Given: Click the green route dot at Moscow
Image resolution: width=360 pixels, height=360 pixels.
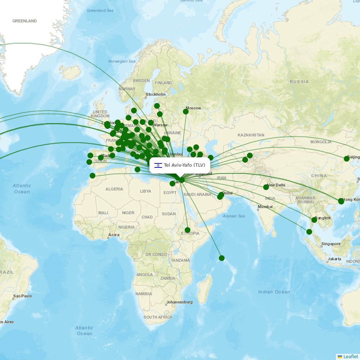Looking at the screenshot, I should coord(186,112).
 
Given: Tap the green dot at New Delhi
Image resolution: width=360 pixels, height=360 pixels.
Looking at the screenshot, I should coord(266,187).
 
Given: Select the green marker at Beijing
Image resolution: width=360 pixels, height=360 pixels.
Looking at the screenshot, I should coord(347,159).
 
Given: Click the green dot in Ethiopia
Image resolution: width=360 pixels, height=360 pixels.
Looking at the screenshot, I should coord(188,230).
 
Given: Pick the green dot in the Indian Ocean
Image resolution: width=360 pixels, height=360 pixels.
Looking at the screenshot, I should coord(222,258).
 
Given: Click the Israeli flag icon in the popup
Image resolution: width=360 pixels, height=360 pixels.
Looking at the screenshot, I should coord(158,166).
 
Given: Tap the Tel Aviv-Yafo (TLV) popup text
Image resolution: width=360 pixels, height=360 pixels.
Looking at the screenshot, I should coord(184,165).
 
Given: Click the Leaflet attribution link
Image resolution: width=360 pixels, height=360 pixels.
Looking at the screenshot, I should coord(350,356).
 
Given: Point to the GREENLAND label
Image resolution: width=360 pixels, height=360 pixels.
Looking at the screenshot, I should coord(24,21).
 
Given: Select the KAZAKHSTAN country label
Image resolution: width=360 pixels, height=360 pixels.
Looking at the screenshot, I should coord(251,135).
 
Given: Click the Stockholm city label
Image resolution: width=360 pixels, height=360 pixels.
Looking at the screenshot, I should coord(156,95).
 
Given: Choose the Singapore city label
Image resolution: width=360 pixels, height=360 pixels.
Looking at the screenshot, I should coord(331,244).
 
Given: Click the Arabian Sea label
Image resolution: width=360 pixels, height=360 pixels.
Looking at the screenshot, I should coord(234,216).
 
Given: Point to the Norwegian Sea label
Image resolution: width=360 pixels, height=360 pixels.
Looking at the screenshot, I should coord(122,61).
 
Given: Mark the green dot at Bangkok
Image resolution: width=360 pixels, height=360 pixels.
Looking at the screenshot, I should coord(314,220).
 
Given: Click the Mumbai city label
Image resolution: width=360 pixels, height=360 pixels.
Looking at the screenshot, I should coord(265,207).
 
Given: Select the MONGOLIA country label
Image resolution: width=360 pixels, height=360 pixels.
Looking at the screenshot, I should coord(321,142).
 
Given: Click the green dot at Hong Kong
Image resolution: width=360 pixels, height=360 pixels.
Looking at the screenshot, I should coord(341,201).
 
